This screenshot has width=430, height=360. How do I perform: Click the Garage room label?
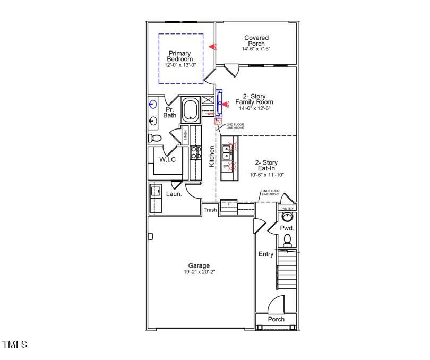(x=199, y=265)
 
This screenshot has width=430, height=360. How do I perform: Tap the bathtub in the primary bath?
(x=190, y=111)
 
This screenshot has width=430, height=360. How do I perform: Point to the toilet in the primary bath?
(x=154, y=138)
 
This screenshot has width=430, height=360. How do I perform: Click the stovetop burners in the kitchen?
(x=195, y=152)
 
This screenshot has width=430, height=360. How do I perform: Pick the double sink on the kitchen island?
(x=227, y=153)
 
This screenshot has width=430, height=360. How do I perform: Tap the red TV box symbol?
(x=217, y=122)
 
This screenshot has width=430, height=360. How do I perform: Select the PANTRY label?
(x=287, y=209)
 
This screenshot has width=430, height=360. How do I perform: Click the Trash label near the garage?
(x=210, y=210)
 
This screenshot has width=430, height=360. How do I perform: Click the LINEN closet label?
(x=185, y=134)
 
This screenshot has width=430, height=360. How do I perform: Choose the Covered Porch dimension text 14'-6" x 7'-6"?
(x=256, y=49)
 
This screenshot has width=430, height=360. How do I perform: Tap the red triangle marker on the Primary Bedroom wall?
(x=212, y=47)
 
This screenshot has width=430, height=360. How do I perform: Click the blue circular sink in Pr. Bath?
(x=153, y=105)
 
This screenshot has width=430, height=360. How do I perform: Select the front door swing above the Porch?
(x=275, y=305)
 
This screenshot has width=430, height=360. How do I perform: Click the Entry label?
(x=266, y=254)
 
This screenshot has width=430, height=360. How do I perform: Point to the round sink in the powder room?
(x=287, y=218)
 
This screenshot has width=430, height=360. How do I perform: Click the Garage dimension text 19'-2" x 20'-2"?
(x=199, y=272)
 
